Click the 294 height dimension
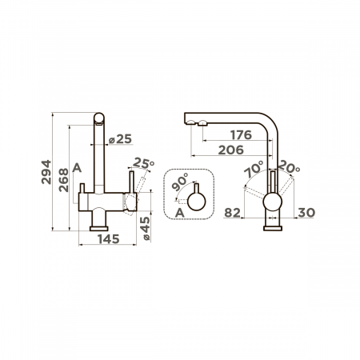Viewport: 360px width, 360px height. (46, 172)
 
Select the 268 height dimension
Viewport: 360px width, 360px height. (63, 180)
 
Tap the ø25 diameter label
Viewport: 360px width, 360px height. (120, 139)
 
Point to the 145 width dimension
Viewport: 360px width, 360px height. (109, 239)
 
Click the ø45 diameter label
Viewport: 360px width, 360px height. (146, 229)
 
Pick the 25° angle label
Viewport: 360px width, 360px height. (143, 163)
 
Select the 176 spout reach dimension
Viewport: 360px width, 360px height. (241, 135)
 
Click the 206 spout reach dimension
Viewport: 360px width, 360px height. (231, 150)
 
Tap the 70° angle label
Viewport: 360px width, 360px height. (254, 169)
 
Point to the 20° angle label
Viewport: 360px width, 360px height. (289, 167)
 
